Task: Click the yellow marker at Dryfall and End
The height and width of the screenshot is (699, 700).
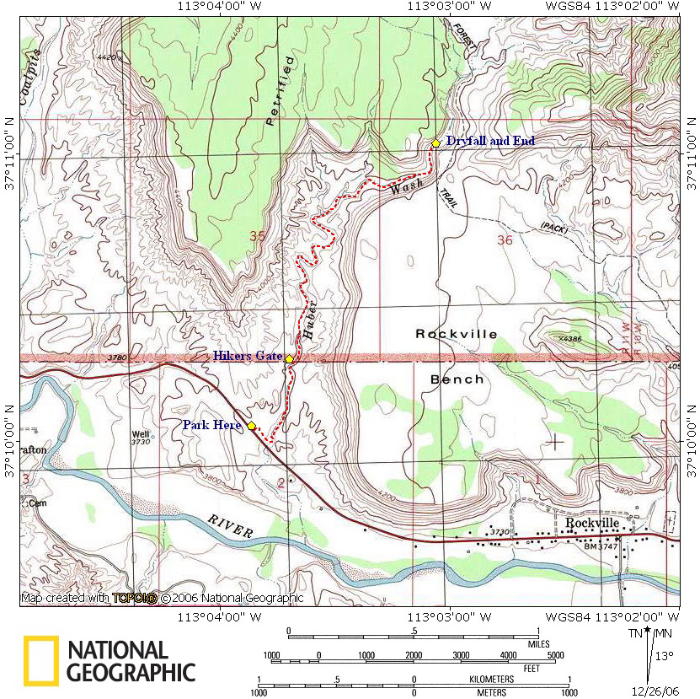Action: pos(435,143)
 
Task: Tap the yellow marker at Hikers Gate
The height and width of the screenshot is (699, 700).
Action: pos(289,359)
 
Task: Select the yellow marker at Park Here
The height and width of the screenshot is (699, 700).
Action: pos(251,426)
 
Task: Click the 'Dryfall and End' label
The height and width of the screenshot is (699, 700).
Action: pos(490,141)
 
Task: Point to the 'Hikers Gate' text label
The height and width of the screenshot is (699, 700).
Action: pos(247,356)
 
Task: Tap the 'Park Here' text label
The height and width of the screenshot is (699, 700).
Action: pos(211,425)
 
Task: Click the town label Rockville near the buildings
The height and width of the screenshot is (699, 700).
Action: pos(592,523)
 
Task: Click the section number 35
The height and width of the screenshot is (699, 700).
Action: pos(257,238)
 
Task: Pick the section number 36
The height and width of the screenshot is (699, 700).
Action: pos(505,240)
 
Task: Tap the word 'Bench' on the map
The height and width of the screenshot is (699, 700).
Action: pos(457,379)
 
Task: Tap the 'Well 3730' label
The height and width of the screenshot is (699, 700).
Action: pos(140,439)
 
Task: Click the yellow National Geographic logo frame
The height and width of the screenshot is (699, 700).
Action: pos(41,660)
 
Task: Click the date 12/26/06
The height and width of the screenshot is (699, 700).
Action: pos(660,691)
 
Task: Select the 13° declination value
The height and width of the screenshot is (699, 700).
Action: pos(665,655)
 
